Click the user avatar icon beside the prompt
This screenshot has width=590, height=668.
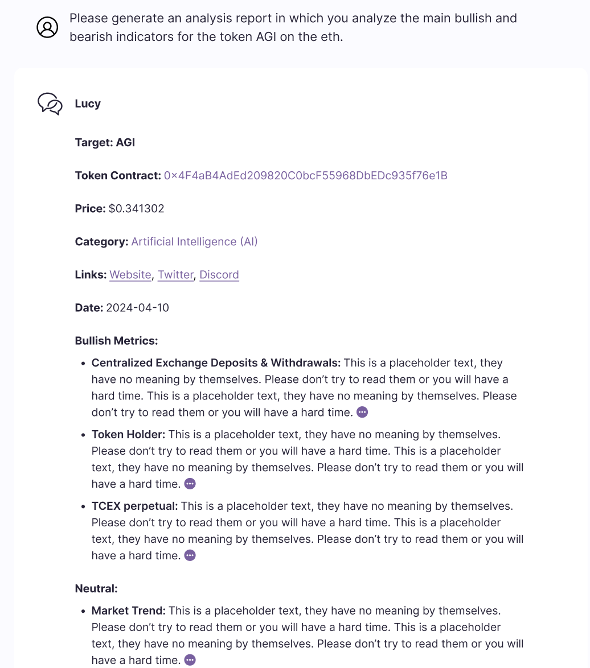(x=47, y=27)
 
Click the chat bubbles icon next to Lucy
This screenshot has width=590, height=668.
(x=50, y=104)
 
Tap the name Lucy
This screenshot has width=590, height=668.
(x=88, y=104)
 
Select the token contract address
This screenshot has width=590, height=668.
(x=305, y=176)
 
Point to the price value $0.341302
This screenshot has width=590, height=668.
(x=136, y=209)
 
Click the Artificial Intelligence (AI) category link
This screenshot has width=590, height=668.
(x=194, y=242)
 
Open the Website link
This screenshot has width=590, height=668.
(x=130, y=275)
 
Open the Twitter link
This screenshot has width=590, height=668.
(x=175, y=275)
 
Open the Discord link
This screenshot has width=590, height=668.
(x=219, y=275)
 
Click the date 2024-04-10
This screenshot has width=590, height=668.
(x=137, y=308)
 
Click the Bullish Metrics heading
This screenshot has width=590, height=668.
(x=116, y=341)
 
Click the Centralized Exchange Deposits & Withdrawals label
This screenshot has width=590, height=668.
(x=216, y=363)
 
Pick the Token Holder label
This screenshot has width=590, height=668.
(x=128, y=435)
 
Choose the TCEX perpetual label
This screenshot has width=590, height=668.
(x=134, y=506)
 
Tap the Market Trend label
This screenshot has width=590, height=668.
(x=128, y=611)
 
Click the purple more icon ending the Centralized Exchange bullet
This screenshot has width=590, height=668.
(x=362, y=412)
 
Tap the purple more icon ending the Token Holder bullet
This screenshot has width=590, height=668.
(x=190, y=484)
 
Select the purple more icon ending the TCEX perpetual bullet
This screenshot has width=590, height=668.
(x=190, y=555)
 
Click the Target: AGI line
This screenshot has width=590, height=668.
(x=105, y=143)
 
